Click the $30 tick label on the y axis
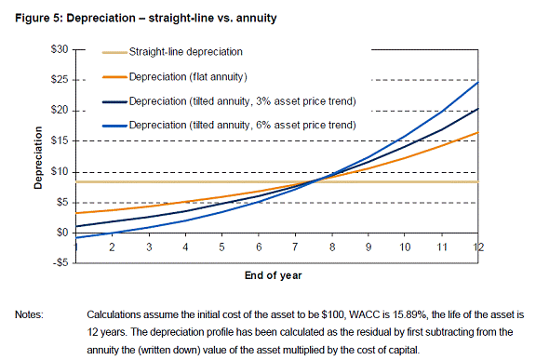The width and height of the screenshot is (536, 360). pyautogui.click(x=60, y=50)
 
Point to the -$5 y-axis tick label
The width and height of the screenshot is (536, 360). pyautogui.click(x=60, y=262)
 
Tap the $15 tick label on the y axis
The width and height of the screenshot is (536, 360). pyautogui.click(x=60, y=140)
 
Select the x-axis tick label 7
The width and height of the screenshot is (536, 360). pyautogui.click(x=295, y=247)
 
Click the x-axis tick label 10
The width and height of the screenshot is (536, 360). pyautogui.click(x=405, y=247)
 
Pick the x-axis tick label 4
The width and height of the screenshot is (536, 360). pyautogui.click(x=185, y=247)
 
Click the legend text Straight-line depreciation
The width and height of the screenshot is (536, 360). pyautogui.click(x=185, y=52)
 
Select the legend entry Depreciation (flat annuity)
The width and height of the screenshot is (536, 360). pyautogui.click(x=188, y=77)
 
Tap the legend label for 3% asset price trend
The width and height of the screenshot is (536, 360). pyautogui.click(x=242, y=101)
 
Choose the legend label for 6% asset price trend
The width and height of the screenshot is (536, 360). pyautogui.click(x=242, y=125)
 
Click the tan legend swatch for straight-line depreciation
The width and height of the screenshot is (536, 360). pyautogui.click(x=114, y=53)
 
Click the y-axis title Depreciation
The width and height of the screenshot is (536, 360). pyautogui.click(x=38, y=157)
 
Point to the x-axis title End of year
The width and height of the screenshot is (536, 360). pyautogui.click(x=274, y=275)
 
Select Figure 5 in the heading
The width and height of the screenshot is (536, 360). pyautogui.click(x=37, y=18)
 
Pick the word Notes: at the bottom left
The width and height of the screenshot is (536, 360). pyautogui.click(x=29, y=314)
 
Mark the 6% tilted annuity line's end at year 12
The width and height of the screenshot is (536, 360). pyautogui.click(x=478, y=82)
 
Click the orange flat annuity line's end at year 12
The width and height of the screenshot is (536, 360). pyautogui.click(x=478, y=132)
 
